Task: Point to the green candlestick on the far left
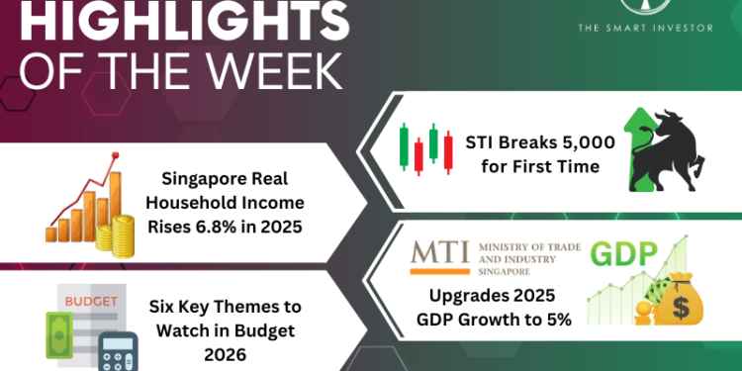click(404, 146)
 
